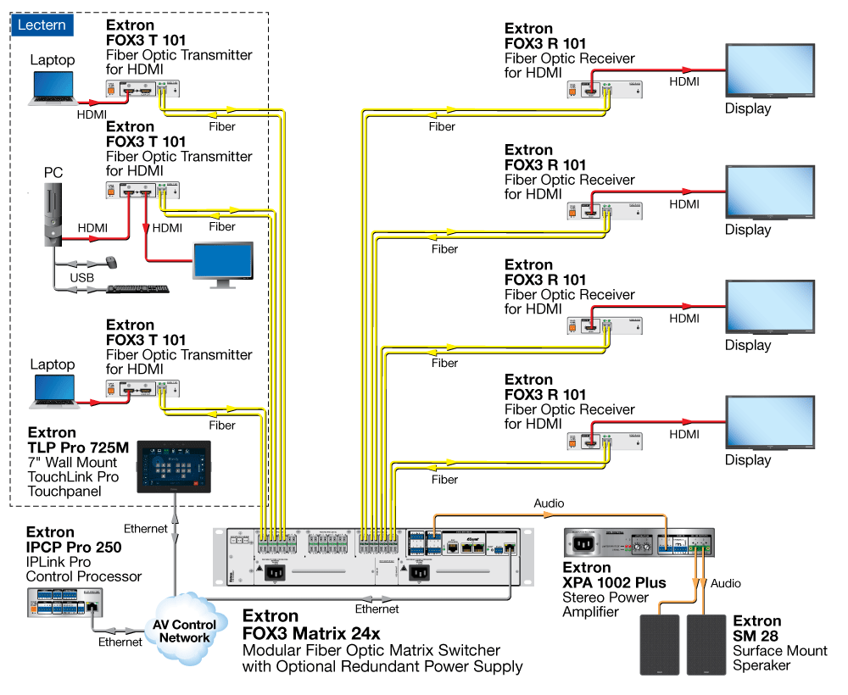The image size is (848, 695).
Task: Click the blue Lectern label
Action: coord(42,25)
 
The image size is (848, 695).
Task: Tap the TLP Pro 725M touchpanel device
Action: coord(172,466)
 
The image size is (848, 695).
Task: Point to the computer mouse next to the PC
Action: coord(112,261)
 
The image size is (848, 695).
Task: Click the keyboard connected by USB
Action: coord(138,290)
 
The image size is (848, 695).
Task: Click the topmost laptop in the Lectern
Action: coord(53,87)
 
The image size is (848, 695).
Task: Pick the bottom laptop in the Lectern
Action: coord(53,391)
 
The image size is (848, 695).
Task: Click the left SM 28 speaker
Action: coord(659,645)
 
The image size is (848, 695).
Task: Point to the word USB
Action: coord(81,278)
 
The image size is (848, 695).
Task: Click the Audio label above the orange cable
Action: coord(549,503)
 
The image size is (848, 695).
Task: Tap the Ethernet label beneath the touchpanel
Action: coord(146,529)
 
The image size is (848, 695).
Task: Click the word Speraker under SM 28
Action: coord(762,665)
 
